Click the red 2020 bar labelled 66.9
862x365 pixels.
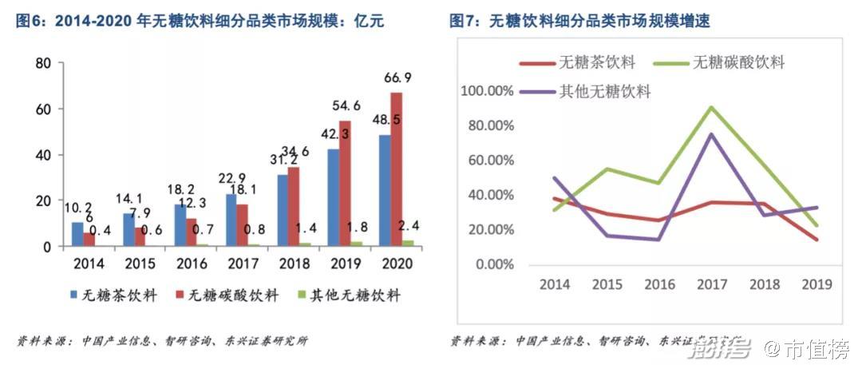[x=397, y=169]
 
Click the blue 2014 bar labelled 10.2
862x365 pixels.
[x=77, y=234]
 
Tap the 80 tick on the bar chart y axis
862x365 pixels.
[x=44, y=63]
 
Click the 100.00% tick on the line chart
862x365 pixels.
[x=487, y=91]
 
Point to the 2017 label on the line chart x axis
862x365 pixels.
[x=710, y=284]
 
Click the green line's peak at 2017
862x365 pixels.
[x=710, y=107]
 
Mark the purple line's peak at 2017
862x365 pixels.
[x=710, y=133]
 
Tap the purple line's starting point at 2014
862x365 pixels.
[x=554, y=177]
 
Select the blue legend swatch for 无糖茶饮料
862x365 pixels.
[x=74, y=296]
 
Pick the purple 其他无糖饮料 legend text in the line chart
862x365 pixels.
[x=607, y=91]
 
